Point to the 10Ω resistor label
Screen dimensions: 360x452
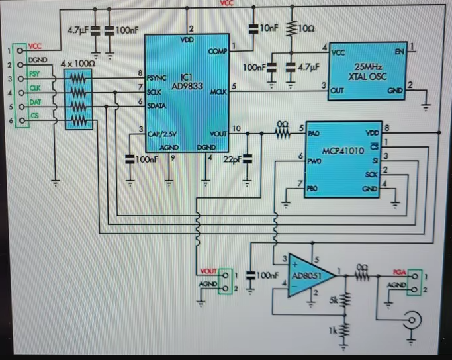(x=306, y=30)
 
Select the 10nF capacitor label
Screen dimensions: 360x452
(x=269, y=29)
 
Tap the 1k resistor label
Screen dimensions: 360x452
(x=335, y=329)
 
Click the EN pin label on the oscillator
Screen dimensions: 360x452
(x=398, y=51)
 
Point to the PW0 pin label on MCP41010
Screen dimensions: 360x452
(x=314, y=159)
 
